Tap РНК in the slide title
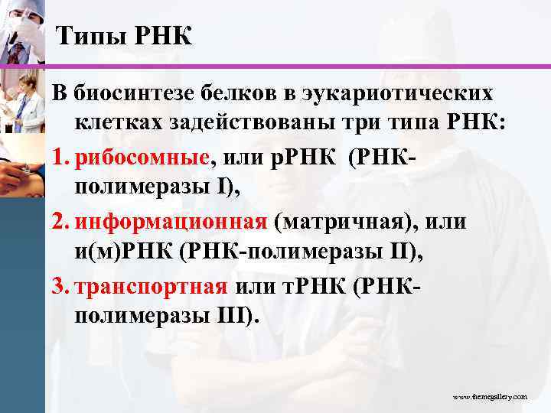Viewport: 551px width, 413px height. (x=161, y=35)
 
